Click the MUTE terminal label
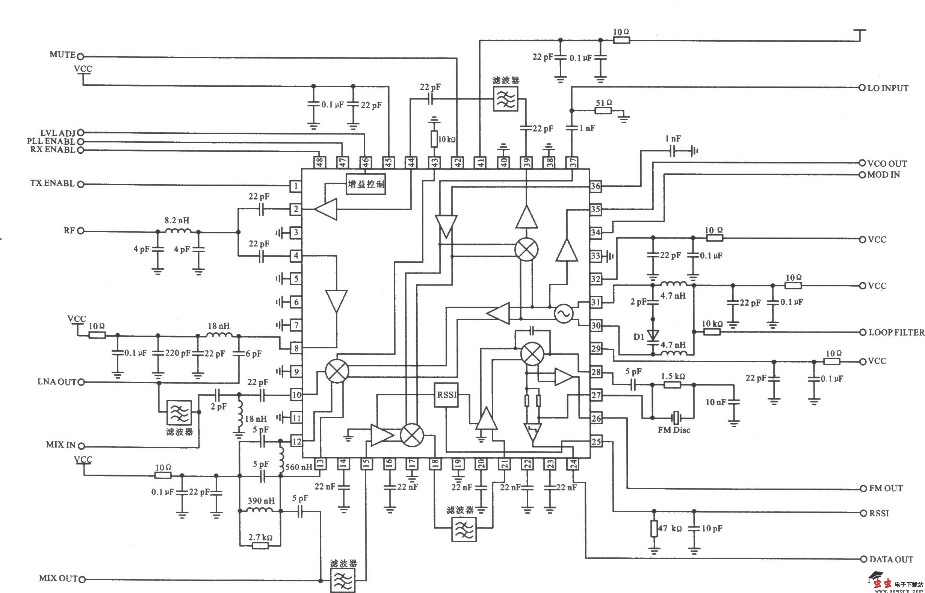coord(62,55)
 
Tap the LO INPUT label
coord(888,88)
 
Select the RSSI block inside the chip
coord(446,395)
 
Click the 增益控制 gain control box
coord(366,184)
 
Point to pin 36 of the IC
coord(596,186)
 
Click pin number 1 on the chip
coord(296,186)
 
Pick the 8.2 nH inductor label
coord(177,221)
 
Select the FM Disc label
coord(674,430)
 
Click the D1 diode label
coord(639,337)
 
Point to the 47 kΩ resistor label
coord(670,528)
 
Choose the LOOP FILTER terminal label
coord(896,332)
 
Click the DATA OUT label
coord(891,559)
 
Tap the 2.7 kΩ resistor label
coord(260,537)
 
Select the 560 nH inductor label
coord(299,467)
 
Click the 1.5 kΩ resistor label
coord(673,376)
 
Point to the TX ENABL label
coord(52,183)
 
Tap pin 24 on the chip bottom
coord(574,464)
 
